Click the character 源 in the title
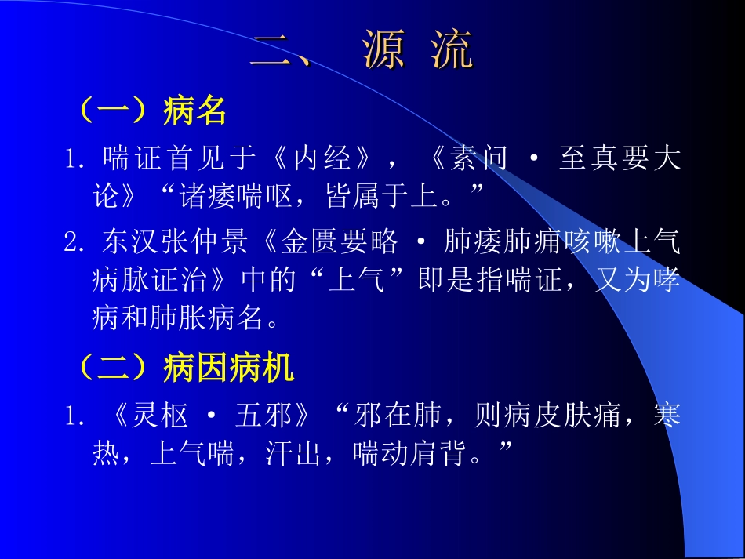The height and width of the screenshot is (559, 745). [x=384, y=51]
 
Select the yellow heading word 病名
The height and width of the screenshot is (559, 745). [x=195, y=111]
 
